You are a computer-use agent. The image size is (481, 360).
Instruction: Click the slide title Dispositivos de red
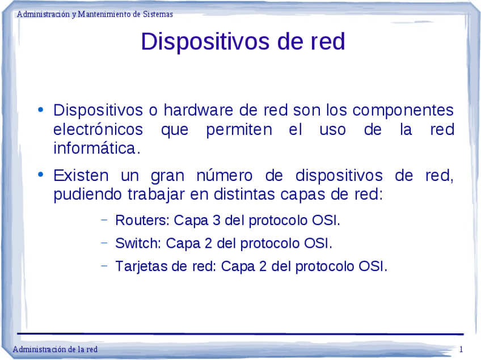tap(243, 41)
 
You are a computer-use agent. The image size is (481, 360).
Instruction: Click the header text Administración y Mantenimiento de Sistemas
tap(95, 14)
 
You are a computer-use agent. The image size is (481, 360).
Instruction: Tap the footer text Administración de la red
tap(55, 349)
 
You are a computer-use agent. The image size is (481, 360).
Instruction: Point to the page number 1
tap(461, 349)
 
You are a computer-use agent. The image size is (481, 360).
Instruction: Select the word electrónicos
tap(98, 129)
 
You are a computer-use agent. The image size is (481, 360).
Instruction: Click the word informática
tap(96, 149)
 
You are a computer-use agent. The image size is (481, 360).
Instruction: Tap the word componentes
tap(407, 109)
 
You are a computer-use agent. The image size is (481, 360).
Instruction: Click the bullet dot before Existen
tap(40, 175)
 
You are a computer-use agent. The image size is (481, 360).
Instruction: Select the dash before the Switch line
tap(104, 243)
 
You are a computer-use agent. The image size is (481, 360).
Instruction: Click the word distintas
tap(244, 195)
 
